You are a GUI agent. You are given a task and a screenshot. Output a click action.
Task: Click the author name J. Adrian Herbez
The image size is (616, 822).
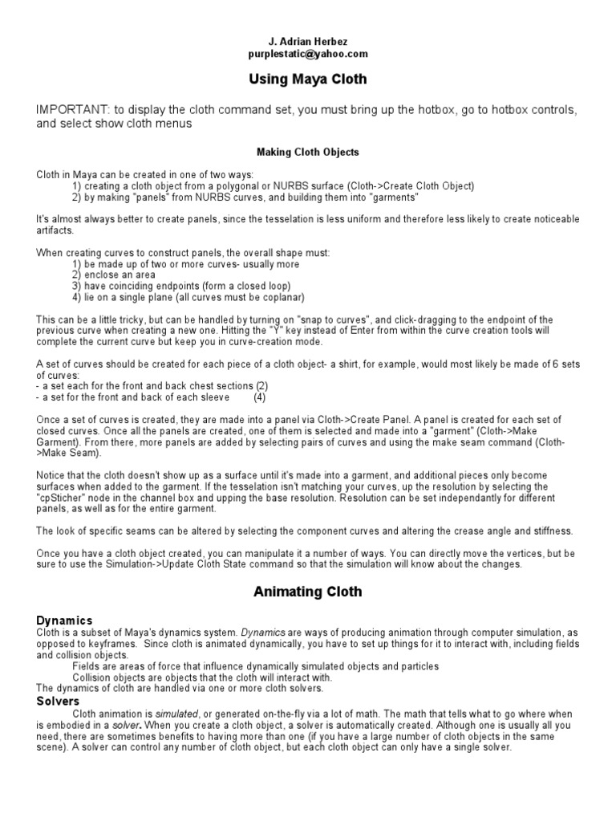coord(308,42)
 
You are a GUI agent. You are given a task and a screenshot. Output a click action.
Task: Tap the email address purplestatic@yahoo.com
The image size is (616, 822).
coord(308,54)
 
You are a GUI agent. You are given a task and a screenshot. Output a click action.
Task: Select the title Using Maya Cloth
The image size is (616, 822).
coord(308,80)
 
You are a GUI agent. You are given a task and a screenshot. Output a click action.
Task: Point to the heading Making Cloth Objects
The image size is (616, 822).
coord(308,152)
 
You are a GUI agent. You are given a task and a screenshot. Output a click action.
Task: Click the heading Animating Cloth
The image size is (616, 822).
coord(308,592)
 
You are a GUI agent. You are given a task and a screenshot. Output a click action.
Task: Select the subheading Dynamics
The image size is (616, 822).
coord(65,620)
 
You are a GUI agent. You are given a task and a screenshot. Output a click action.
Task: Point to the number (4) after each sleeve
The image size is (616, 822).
coord(261,397)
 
